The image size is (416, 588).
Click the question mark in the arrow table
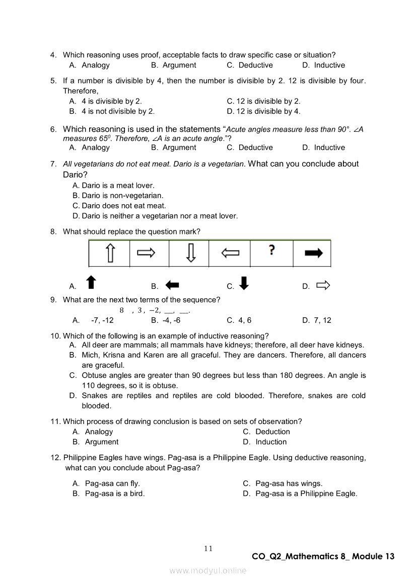pyautogui.click(x=271, y=250)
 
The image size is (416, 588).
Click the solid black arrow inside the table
pyautogui.click(x=313, y=254)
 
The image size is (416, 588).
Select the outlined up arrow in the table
pyautogui.click(x=110, y=253)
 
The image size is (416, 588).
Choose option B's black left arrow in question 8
pyautogui.click(x=172, y=285)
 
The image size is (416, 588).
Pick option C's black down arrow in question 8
pyautogui.click(x=244, y=284)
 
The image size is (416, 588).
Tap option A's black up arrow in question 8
pyautogui.click(x=91, y=283)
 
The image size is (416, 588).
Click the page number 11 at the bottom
pyautogui.click(x=209, y=548)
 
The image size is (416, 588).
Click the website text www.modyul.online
pyautogui.click(x=208, y=570)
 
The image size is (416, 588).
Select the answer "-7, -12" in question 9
pyautogui.click(x=102, y=320)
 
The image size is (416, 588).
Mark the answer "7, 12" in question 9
pyautogui.click(x=322, y=320)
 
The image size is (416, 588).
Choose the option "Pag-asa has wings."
pyautogui.click(x=289, y=483)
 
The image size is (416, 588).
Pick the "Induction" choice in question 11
pyautogui.click(x=271, y=442)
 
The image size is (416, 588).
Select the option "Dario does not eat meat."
pyautogui.click(x=124, y=206)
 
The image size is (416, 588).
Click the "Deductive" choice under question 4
pyautogui.click(x=255, y=65)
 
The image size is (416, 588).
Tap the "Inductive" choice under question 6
pyautogui.click(x=329, y=148)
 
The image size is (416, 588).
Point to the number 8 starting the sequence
pyautogui.click(x=121, y=310)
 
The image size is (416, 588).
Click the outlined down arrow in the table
pyautogui.click(x=190, y=253)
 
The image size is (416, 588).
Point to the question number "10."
pyautogui.click(x=55, y=336)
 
